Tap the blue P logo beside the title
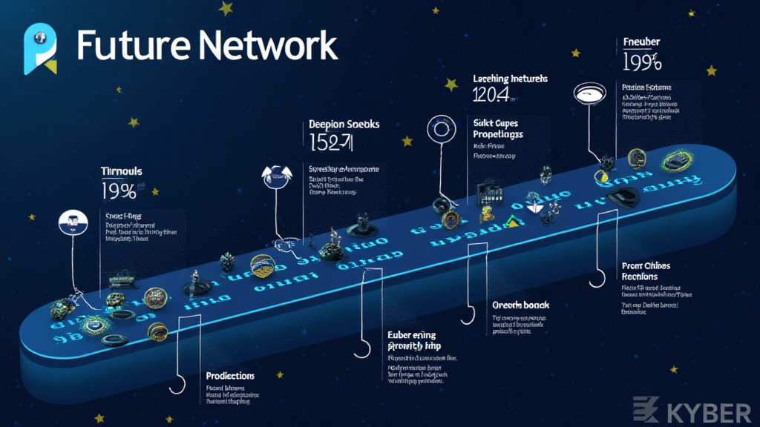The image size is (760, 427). coord(41,49)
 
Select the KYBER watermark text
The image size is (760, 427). coord(697,409)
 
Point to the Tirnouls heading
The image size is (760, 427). coord(121,172)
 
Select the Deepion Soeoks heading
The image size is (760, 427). coord(344,125)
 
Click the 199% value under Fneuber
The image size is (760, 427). coord(643,60)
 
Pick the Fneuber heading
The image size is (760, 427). coord(642,42)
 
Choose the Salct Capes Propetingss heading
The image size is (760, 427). coord(497,128)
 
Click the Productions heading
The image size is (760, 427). coord(230,376)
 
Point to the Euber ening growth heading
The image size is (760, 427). coord(412,340)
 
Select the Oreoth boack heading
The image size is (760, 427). coord(520,305)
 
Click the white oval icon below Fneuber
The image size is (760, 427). coord(591,93)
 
